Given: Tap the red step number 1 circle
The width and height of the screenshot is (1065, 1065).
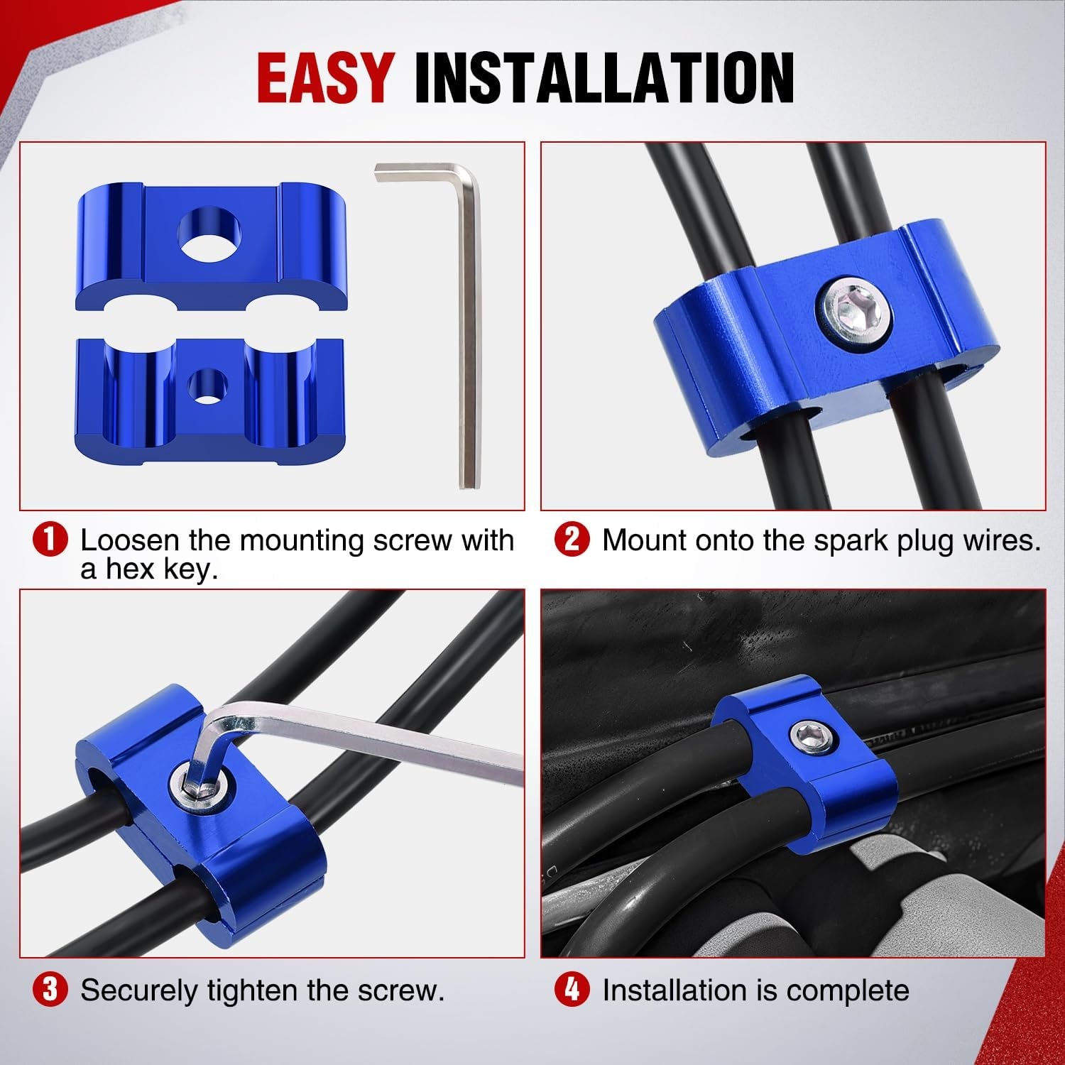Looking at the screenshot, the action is point(50,541).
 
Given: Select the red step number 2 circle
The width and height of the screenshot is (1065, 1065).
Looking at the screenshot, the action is point(572,541).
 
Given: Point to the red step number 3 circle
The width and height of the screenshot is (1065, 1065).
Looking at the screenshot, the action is point(50,990).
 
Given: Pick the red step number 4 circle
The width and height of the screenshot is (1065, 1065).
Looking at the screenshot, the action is point(572,990).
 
